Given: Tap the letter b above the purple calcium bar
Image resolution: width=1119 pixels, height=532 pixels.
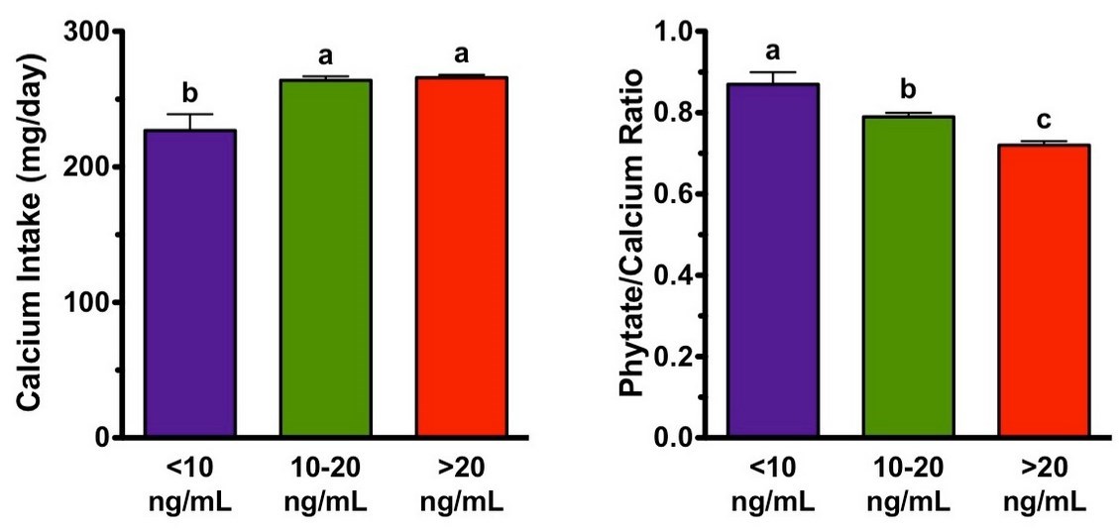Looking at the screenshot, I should (x=189, y=93).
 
